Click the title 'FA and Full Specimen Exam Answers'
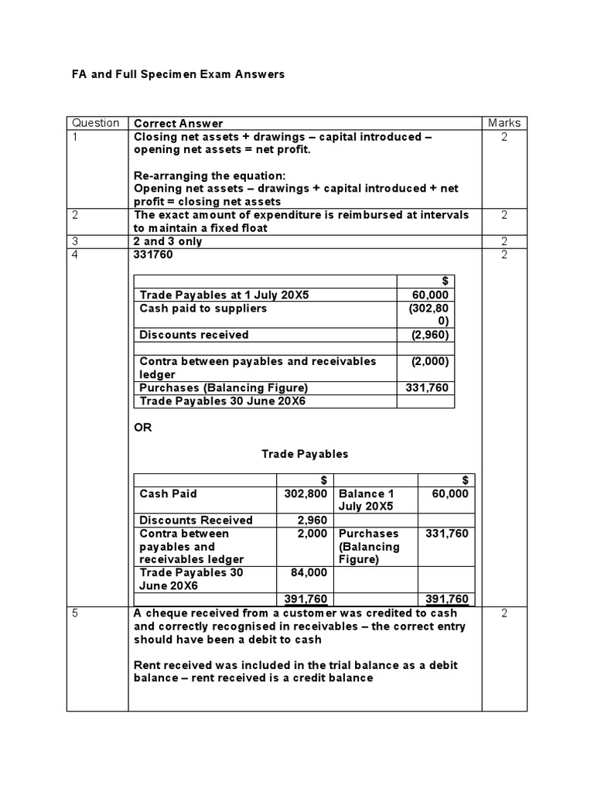(178, 74)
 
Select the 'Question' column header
(95, 123)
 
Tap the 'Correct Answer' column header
(178, 123)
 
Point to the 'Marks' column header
(504, 123)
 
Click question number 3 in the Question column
(76, 241)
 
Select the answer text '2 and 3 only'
(167, 241)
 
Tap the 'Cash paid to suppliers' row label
(203, 308)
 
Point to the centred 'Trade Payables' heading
(304, 454)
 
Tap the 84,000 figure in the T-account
(310, 572)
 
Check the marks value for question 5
(504, 613)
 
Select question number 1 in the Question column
(76, 136)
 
